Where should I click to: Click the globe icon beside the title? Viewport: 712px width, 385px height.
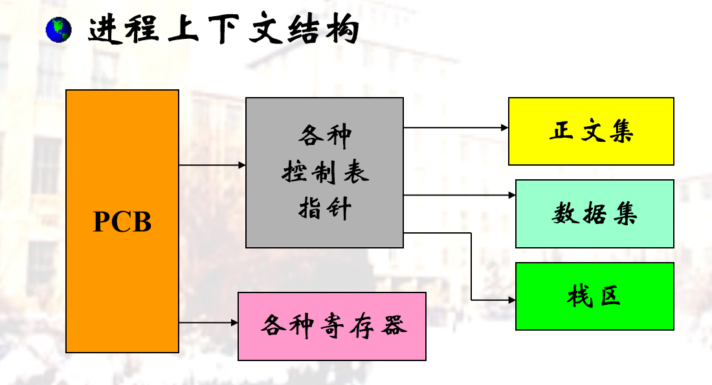59,30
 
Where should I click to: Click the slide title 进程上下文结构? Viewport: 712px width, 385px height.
223,30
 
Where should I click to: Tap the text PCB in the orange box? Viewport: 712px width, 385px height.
122,221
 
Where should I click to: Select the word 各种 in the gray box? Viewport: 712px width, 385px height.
325,136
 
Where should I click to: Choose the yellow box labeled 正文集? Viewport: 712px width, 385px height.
591,131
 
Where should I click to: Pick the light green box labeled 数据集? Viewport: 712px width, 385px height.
595,214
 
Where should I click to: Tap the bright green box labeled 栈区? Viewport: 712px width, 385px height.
595,296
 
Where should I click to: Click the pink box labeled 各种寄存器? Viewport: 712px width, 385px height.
332,326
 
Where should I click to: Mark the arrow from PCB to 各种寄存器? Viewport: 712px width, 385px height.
208,322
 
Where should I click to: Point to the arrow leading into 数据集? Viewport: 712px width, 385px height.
459,195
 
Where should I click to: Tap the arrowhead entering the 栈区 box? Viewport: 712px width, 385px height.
512,300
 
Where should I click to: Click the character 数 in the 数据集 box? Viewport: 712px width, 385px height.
565,214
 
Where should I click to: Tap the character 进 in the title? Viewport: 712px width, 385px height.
102,30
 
